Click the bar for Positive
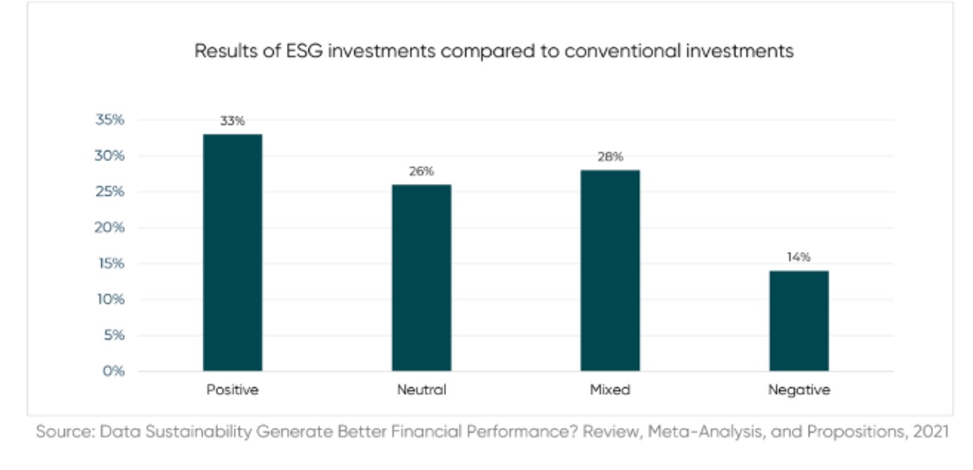[232, 253]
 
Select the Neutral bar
[421, 277]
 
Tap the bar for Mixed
[610, 271]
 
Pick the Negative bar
[799, 321]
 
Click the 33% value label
[232, 121]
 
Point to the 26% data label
[421, 171]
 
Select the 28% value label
[610, 157]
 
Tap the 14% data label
[799, 257]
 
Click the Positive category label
[232, 390]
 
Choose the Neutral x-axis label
[421, 390]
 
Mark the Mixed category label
[610, 390]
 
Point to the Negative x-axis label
[799, 390]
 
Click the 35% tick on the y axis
[110, 120]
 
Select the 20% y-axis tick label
[110, 228]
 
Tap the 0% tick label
[114, 371]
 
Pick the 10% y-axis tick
[110, 299]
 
